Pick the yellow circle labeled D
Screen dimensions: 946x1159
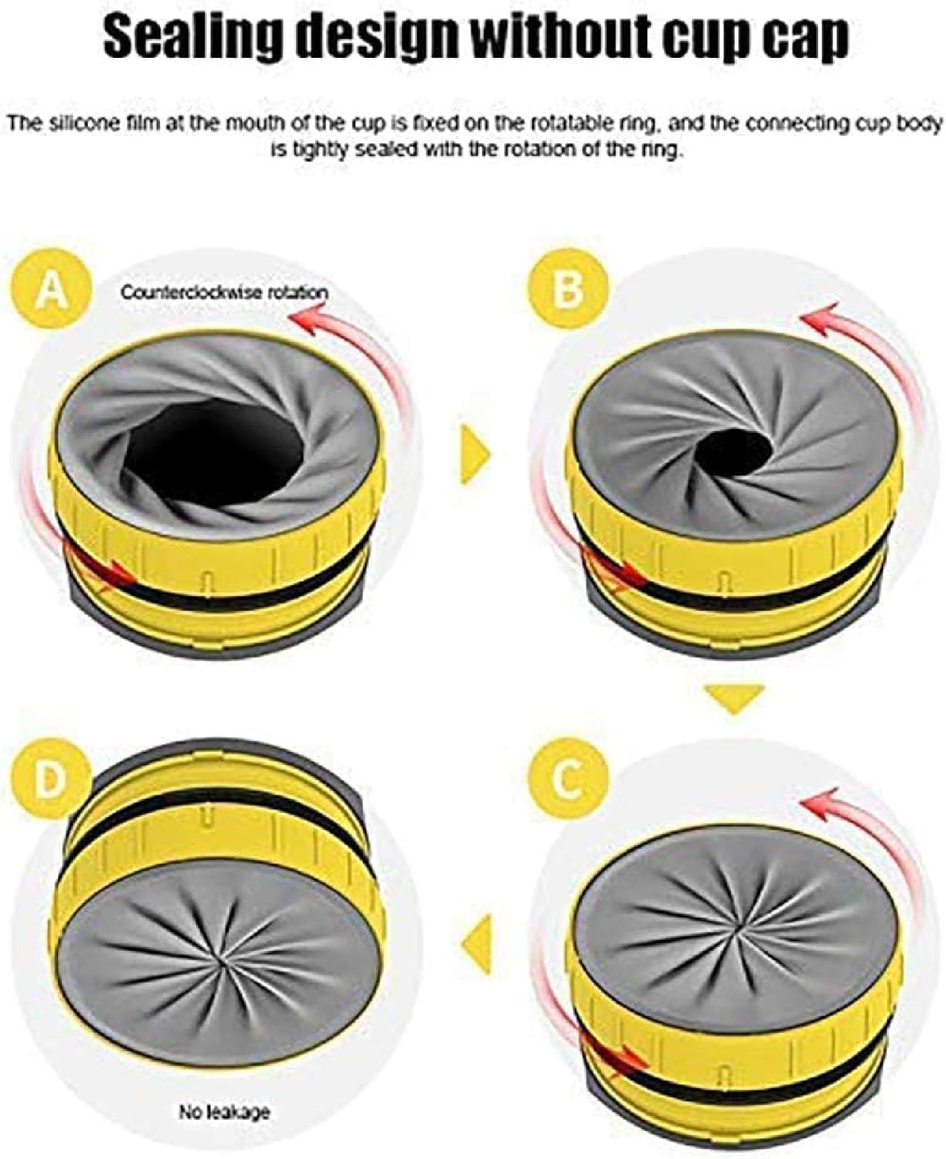coord(50,780)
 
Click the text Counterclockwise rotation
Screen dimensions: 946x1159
coord(224,292)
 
